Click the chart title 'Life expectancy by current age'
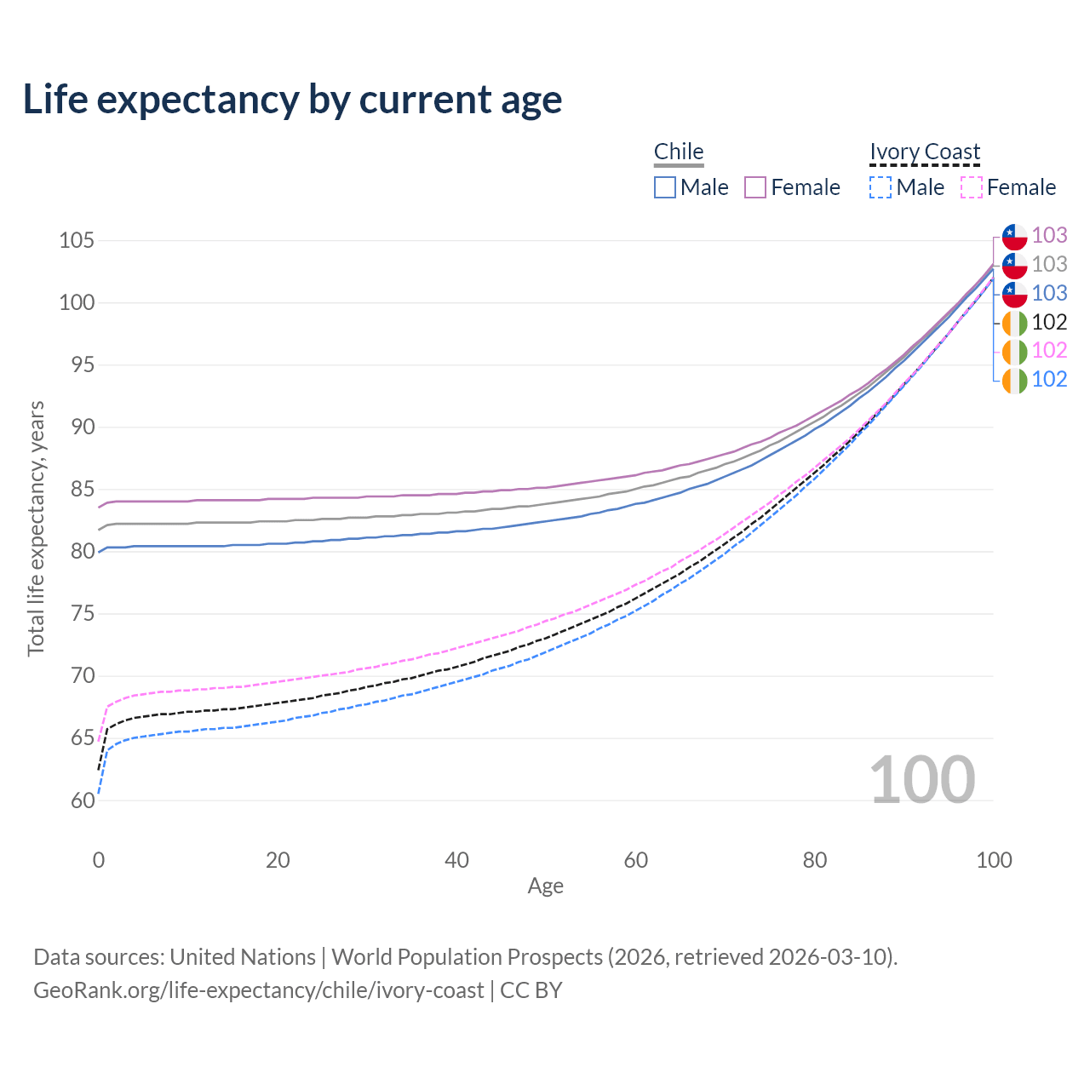(x=292, y=100)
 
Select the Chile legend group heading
(x=679, y=152)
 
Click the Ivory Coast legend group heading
(x=925, y=152)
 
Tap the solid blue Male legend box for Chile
(x=665, y=187)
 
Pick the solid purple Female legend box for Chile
(x=755, y=187)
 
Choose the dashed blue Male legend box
(x=881, y=187)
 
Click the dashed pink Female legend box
(x=972, y=187)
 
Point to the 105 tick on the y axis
(x=76, y=240)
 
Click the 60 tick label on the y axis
(x=77, y=800)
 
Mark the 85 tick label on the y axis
(x=77, y=490)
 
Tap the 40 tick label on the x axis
(x=456, y=860)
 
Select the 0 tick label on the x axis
(x=99, y=860)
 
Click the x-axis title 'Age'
(x=545, y=886)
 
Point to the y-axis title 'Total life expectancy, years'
(x=36, y=529)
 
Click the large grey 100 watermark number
(x=922, y=780)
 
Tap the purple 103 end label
(x=1049, y=235)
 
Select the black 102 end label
(x=1049, y=322)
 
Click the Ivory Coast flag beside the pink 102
(x=1014, y=351)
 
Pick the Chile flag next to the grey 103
(x=1014, y=265)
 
